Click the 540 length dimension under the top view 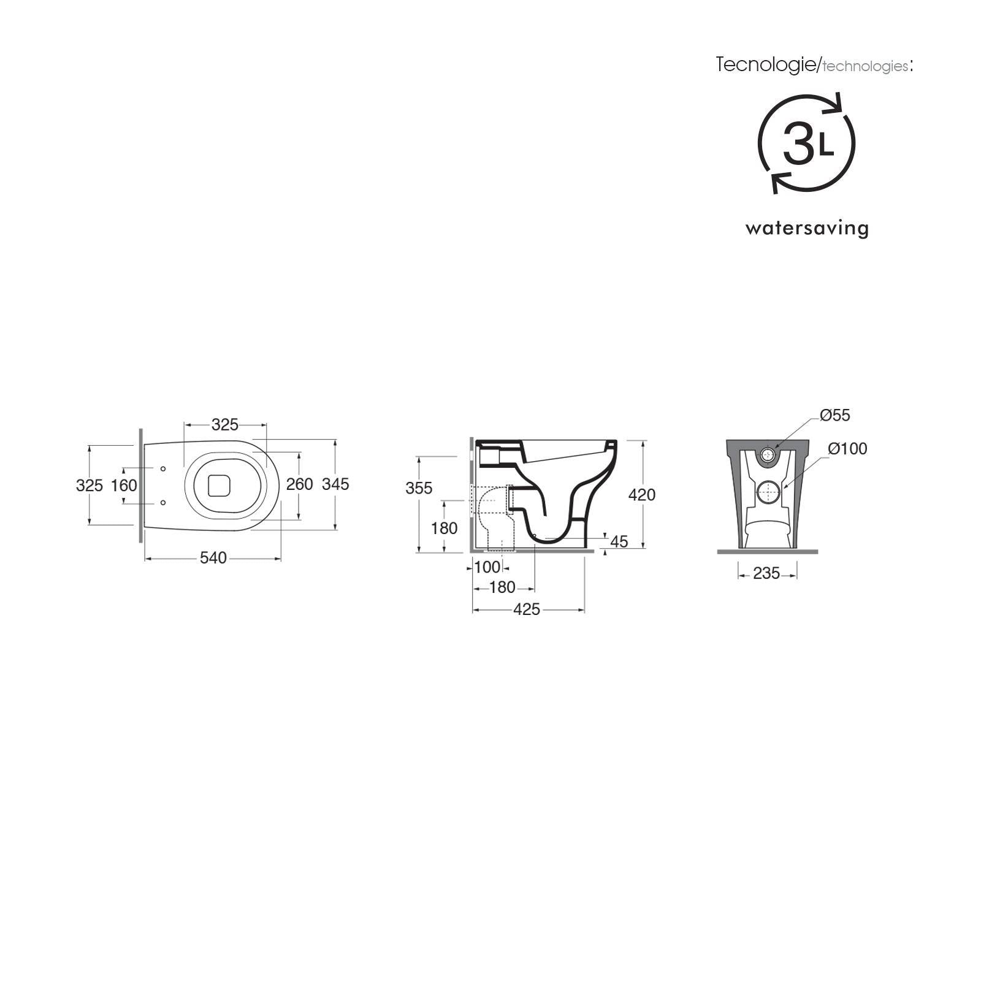[213, 558]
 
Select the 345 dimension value [335, 484]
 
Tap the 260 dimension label [300, 484]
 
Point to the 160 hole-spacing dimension [124, 486]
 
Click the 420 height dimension [642, 494]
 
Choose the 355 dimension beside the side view [419, 488]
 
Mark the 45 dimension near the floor [619, 541]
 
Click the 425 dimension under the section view [527, 609]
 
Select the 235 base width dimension [766, 573]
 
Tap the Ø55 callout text [835, 415]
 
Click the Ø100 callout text [847, 449]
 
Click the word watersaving [807, 229]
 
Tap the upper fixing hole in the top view [163, 469]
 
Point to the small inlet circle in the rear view [767, 454]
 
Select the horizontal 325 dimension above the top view [224, 424]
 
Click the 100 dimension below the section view [487, 567]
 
